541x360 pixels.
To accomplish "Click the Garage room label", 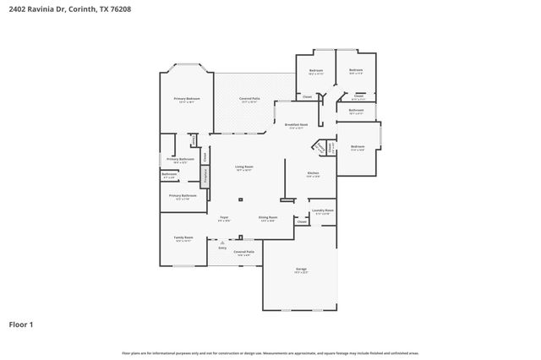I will click(x=301, y=270).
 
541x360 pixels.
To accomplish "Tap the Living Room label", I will click(x=244, y=167).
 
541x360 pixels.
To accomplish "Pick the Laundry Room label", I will click(x=322, y=211).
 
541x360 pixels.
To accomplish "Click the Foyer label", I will click(x=224, y=218).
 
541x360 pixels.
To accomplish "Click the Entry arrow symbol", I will click(x=222, y=242).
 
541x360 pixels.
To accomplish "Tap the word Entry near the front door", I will click(x=222, y=248).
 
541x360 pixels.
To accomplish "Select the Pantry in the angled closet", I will click(x=320, y=147).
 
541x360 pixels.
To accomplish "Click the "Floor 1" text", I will click(x=21, y=324).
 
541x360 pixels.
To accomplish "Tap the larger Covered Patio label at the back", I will click(x=249, y=100).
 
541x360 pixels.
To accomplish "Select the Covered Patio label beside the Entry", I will click(x=244, y=252).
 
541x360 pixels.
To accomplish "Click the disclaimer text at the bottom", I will click(x=270, y=353).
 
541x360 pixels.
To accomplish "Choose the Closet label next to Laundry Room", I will click(x=302, y=221).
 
